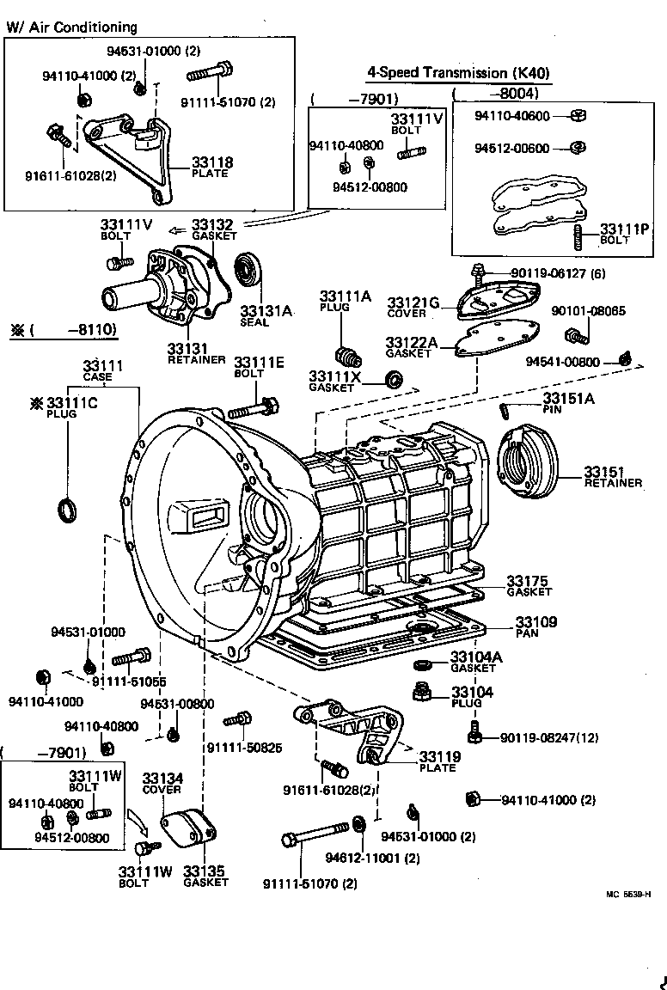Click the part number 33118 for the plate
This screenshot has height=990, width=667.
click(211, 162)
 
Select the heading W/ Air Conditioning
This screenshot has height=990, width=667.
click(71, 27)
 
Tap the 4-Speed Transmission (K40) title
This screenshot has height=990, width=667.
click(458, 73)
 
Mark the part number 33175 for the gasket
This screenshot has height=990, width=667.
click(527, 580)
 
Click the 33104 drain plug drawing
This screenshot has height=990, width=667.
click(422, 692)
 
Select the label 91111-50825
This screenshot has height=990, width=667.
click(244, 747)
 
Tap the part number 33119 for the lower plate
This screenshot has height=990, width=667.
click(440, 756)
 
